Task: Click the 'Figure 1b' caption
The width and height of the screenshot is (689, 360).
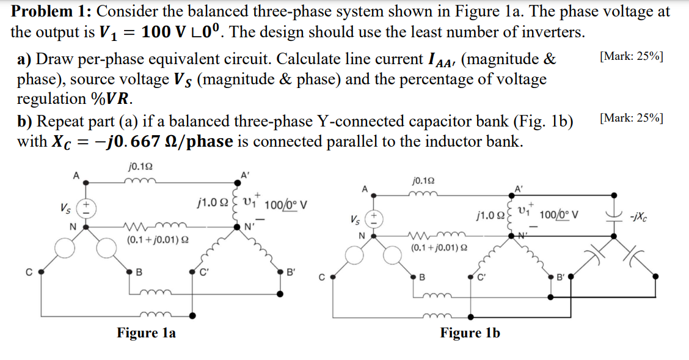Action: pos(470,333)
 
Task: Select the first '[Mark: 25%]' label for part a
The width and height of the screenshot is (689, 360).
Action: pos(632,56)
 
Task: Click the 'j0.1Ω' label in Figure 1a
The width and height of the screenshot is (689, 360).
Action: pos(141,166)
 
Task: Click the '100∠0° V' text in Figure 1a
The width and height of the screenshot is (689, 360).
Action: pos(282,204)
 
